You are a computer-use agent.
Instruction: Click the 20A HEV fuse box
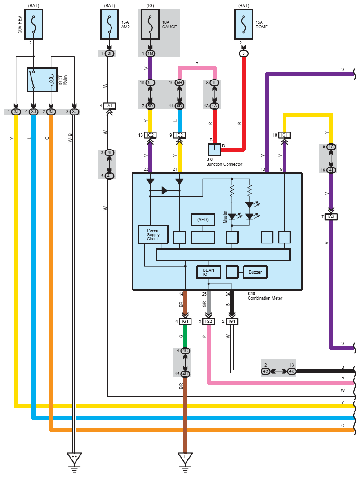click(33, 24)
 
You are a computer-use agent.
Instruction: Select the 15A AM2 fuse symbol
click(110, 24)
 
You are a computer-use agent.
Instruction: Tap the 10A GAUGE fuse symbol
click(150, 24)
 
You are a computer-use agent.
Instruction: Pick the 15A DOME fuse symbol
click(244, 24)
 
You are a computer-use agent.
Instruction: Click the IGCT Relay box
click(42, 79)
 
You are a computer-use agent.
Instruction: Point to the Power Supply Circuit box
click(153, 234)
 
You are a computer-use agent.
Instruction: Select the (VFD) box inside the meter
click(203, 220)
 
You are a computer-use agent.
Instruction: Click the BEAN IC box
click(209, 272)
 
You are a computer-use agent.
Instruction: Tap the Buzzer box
click(255, 272)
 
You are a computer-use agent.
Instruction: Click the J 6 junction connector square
click(214, 150)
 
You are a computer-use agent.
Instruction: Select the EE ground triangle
click(74, 458)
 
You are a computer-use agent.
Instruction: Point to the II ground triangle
click(185, 458)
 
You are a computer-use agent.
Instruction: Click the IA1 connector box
click(110, 106)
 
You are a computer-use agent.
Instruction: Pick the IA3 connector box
click(331, 217)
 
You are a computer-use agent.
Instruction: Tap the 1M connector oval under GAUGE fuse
click(150, 53)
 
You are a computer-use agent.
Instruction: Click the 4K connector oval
click(292, 371)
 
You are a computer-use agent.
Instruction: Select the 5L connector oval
click(150, 83)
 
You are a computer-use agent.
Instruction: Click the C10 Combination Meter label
click(265, 296)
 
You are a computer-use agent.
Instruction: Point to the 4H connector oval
click(185, 374)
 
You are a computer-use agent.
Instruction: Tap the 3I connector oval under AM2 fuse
click(110, 53)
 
